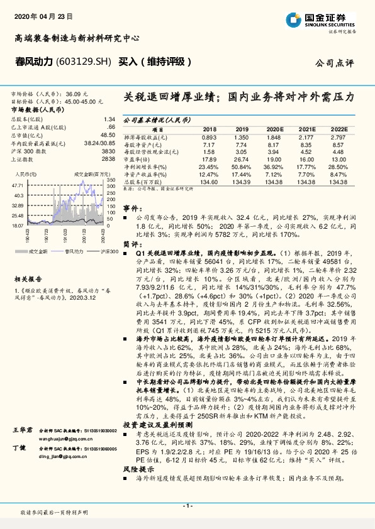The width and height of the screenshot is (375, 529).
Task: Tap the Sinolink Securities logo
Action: [328, 21]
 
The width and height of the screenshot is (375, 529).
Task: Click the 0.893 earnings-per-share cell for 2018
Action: [209, 136]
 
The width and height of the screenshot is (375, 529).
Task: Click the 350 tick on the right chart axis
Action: [111, 179]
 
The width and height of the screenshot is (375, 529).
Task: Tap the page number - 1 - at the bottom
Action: [187, 505]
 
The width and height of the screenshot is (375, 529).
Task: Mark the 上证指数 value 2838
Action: [108, 160]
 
